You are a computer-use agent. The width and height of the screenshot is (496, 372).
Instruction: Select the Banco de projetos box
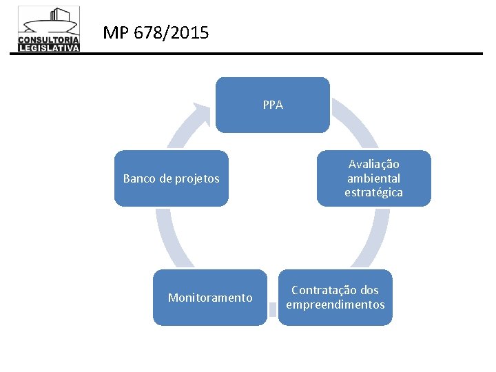coord(171,178)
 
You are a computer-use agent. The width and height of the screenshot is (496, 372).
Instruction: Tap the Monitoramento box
coord(209,298)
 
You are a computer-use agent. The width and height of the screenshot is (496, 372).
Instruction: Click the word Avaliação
coord(373,164)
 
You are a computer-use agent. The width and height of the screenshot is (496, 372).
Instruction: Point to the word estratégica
coord(373,192)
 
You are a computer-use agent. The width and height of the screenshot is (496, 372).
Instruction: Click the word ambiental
coord(373,178)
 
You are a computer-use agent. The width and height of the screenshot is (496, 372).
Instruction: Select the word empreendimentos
coord(335,304)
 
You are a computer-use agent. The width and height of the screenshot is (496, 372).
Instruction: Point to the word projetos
coord(197,178)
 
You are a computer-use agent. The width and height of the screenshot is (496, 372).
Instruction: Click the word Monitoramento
coord(210,298)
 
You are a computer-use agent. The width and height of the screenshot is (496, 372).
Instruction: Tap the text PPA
coord(273,105)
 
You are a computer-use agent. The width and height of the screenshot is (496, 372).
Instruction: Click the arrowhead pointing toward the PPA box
coord(203,111)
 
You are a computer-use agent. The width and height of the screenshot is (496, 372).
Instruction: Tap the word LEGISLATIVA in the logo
coord(49,48)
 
